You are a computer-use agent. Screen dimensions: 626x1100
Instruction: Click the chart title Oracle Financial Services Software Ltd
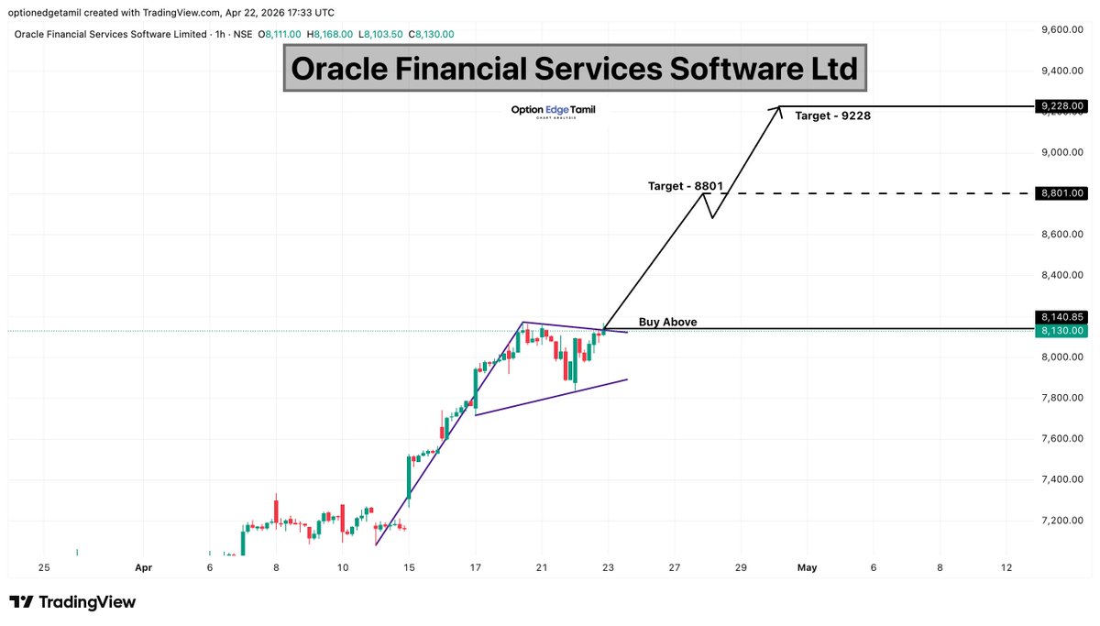click(574, 68)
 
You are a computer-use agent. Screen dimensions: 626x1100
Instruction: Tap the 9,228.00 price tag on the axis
click(1062, 106)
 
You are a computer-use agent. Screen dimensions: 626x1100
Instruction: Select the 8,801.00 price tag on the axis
click(1062, 193)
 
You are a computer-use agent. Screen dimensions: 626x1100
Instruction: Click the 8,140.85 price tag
click(1062, 316)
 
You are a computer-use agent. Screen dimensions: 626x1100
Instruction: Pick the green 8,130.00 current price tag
click(1062, 330)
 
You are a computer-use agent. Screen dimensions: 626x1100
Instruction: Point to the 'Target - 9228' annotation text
click(832, 116)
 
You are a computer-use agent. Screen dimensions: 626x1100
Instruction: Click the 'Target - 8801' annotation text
click(686, 186)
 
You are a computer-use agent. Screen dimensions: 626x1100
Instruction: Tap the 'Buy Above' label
click(667, 322)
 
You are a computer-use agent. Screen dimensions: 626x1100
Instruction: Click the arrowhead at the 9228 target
click(779, 108)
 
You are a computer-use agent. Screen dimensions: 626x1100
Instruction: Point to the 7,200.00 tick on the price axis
click(1062, 521)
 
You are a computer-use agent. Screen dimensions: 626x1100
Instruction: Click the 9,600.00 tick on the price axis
click(1062, 29)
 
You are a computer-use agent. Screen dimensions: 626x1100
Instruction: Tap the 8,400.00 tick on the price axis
click(1062, 275)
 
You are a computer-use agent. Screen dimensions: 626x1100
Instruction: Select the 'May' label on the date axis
click(807, 568)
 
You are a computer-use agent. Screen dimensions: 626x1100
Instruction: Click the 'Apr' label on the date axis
click(143, 568)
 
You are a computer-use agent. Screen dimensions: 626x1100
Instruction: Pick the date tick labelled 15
click(409, 568)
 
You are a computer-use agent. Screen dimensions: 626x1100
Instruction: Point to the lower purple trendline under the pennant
click(550, 397)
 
